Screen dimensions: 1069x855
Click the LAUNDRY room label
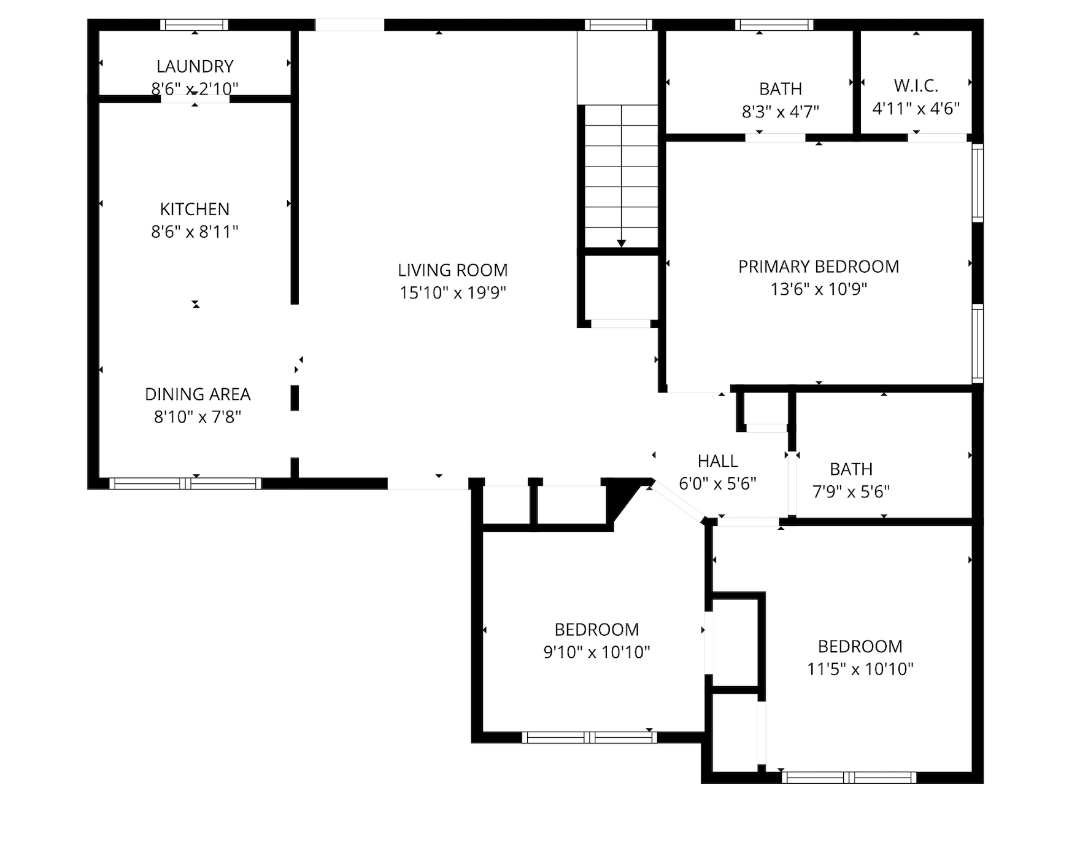195,66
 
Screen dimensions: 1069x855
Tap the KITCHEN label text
195,209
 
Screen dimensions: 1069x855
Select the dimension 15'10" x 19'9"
453,293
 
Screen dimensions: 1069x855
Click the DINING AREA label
198,394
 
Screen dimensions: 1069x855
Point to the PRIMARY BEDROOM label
819,267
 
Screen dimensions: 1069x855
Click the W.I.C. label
916,85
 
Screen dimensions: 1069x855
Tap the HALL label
717,461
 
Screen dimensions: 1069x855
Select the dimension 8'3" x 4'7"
781,112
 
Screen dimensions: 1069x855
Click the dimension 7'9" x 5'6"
851,491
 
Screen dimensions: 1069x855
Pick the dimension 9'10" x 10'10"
596,652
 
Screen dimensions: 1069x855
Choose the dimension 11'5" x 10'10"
860,669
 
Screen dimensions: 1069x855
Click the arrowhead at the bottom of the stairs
621,243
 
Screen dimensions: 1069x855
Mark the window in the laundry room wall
195,25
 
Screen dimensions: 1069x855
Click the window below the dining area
185,484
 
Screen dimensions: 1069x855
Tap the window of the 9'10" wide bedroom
589,738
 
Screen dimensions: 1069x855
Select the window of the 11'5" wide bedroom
849,778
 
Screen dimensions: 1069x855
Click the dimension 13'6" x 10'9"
819,289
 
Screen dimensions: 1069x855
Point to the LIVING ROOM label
453,270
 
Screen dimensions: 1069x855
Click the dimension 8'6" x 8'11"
195,232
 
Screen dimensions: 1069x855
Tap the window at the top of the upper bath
774,25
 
